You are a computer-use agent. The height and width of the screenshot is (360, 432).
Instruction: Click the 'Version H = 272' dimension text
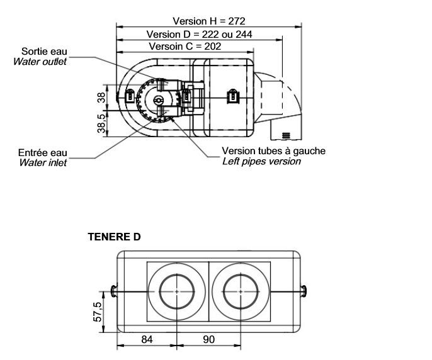pyautogui.click(x=205, y=21)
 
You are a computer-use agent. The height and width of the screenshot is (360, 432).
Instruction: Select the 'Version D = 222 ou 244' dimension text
pyautogui.click(x=199, y=34)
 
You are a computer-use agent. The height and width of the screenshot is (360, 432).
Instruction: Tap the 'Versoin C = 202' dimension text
pyautogui.click(x=185, y=47)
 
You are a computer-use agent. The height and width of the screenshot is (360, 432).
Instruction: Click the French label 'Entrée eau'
pyautogui.click(x=43, y=153)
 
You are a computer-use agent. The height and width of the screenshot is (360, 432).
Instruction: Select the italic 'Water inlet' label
pyautogui.click(x=43, y=163)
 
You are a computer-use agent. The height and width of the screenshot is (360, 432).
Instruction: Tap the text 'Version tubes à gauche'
pyautogui.click(x=274, y=151)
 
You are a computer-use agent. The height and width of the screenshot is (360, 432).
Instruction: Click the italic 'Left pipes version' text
pyautogui.click(x=261, y=161)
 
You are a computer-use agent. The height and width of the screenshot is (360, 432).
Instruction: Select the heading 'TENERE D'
pyautogui.click(x=114, y=237)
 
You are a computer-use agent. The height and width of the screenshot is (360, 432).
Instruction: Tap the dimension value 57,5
pyautogui.click(x=98, y=312)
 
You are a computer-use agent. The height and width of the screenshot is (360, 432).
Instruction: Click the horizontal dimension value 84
pyautogui.click(x=146, y=339)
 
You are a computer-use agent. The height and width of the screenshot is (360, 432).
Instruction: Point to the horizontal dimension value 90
pyautogui.click(x=209, y=339)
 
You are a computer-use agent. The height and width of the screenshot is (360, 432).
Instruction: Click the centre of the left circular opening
pyautogui.click(x=178, y=292)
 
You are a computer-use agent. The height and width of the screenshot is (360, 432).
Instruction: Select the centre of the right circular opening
pyautogui.click(x=240, y=292)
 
